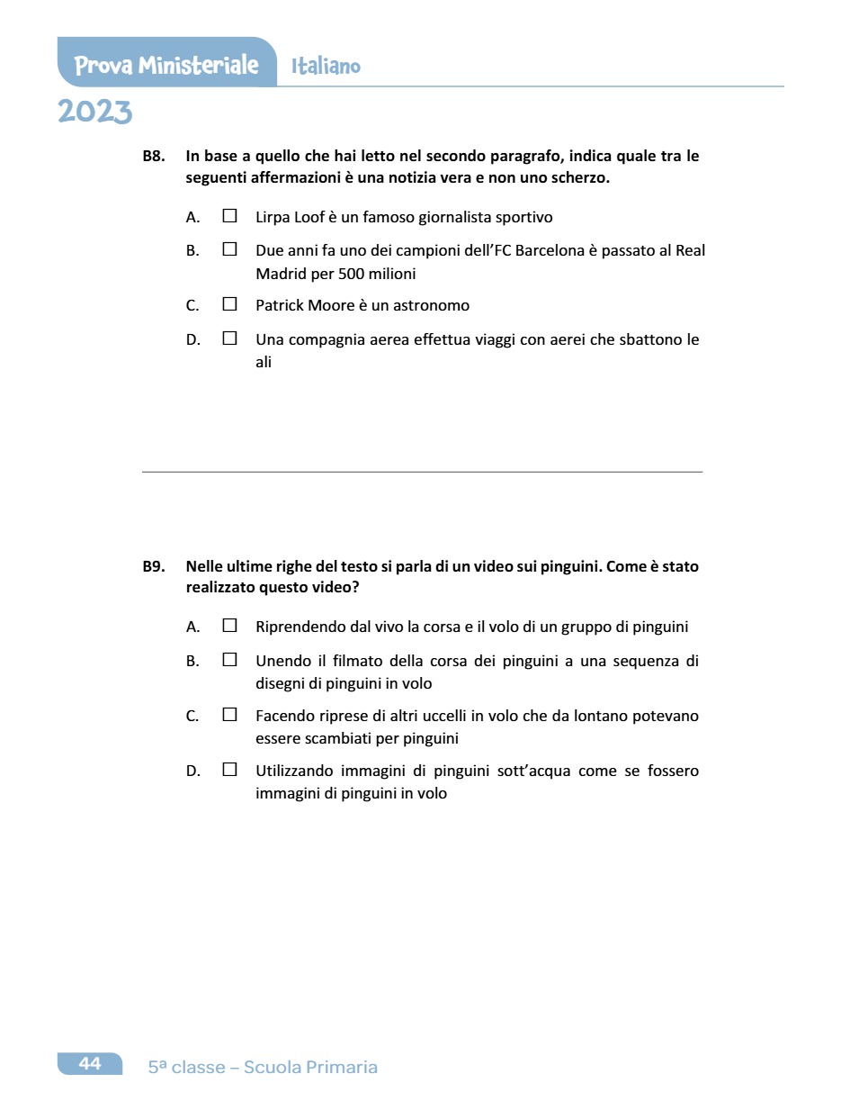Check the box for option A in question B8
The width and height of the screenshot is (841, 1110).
229,217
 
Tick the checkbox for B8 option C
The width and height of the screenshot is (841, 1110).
229,304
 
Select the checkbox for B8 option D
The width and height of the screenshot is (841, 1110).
229,339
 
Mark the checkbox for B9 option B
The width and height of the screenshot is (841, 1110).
229,660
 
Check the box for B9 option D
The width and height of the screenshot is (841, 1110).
229,770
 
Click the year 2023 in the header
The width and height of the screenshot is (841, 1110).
94,113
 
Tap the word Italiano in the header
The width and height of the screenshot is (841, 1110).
326,67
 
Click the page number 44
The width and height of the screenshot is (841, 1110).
90,1064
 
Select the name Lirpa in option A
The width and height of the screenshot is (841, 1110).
273,218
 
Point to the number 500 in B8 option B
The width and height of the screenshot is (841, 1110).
351,274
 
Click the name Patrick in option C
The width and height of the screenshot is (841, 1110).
280,306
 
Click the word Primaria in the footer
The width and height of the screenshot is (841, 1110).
341,1068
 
